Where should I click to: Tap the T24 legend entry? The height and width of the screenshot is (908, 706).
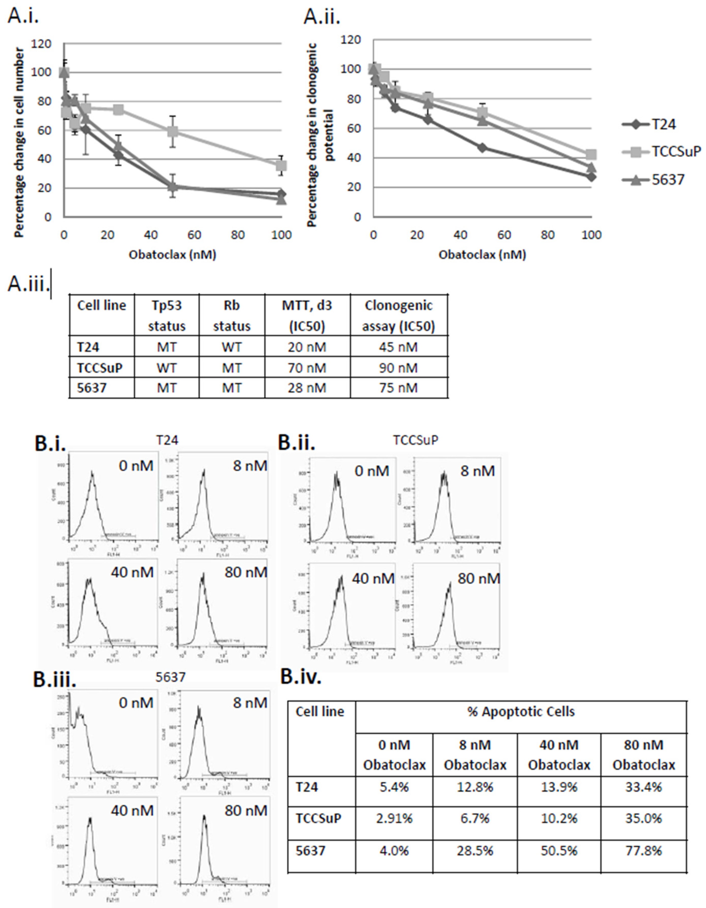click(664, 124)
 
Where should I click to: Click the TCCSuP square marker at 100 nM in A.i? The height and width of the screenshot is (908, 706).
click(281, 166)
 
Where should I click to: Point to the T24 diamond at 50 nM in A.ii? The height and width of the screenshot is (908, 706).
click(482, 148)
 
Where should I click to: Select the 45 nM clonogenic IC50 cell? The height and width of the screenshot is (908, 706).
click(398, 347)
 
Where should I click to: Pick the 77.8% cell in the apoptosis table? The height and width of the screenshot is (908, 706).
click(643, 851)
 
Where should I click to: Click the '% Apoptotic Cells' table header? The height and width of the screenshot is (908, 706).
click(521, 712)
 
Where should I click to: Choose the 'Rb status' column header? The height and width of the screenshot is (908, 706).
click(231, 316)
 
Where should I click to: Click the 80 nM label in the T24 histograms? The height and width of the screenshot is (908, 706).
click(246, 573)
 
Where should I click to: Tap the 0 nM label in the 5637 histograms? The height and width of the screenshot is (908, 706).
click(136, 703)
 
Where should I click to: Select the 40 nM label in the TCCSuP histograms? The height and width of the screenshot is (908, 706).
click(373, 578)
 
